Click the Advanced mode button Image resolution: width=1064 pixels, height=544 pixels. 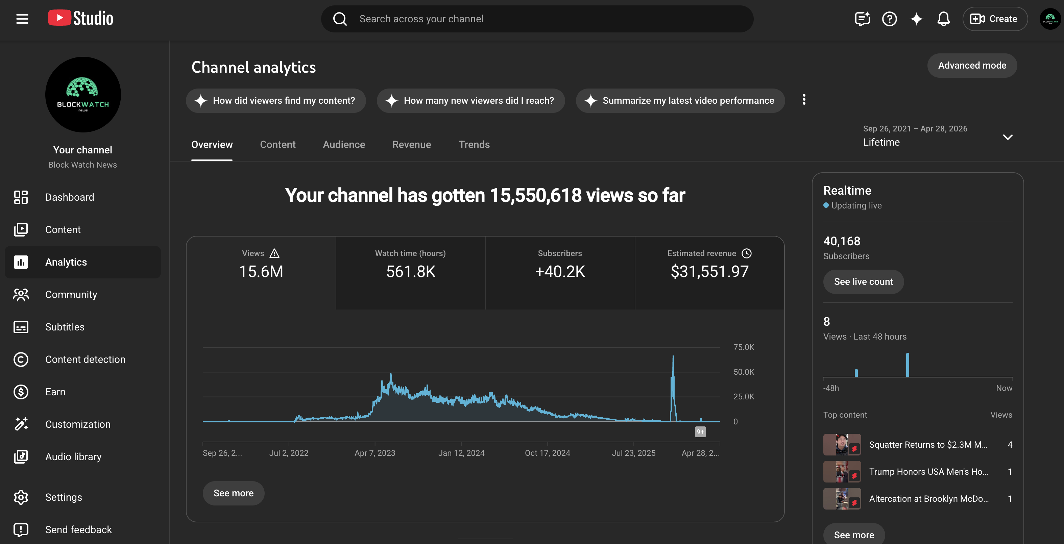(972, 65)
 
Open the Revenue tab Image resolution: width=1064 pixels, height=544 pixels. (411, 145)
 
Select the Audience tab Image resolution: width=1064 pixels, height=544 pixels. (344, 145)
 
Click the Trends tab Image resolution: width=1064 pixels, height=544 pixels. (474, 145)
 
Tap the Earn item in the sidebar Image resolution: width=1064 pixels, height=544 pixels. (55, 392)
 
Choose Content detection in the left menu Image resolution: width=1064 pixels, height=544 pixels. (85, 360)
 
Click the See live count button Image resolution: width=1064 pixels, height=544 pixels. (863, 282)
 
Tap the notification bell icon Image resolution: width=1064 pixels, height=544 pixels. (943, 19)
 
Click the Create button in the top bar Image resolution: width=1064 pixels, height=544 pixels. (995, 19)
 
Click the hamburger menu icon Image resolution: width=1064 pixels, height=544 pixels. (22, 19)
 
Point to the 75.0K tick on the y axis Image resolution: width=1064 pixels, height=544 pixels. (744, 347)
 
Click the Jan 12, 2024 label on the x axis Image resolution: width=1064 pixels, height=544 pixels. (461, 453)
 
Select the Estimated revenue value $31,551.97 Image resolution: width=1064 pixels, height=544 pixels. (709, 271)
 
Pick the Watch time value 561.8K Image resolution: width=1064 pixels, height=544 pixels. (411, 271)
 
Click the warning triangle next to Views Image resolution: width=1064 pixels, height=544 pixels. (274, 253)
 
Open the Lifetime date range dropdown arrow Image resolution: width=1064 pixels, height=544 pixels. (1008, 137)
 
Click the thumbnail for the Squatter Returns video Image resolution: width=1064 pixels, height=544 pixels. (842, 444)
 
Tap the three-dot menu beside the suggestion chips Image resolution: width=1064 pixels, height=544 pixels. (804, 100)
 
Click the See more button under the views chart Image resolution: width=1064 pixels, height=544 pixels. (233, 493)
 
